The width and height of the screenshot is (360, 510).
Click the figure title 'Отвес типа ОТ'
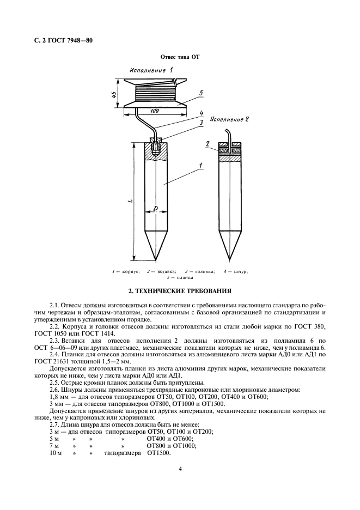180,57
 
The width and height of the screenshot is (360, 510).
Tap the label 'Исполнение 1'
151,71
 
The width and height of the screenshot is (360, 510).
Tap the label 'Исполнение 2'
229,119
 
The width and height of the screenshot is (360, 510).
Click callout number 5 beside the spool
201,93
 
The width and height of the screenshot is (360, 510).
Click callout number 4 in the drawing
201,113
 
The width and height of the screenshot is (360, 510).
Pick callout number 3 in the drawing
201,123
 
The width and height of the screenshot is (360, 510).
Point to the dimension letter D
155,208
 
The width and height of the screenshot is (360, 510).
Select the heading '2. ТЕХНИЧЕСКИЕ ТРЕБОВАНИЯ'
180,292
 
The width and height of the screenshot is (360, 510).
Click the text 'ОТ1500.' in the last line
158,453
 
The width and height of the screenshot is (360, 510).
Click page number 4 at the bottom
180,468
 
